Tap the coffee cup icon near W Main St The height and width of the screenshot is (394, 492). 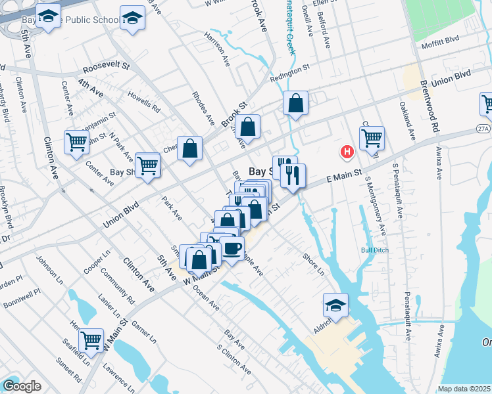pyautogui.click(x=232, y=248)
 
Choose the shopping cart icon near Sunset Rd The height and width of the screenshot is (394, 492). pyautogui.click(x=91, y=339)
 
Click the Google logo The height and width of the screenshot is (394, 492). pyautogui.click(x=22, y=386)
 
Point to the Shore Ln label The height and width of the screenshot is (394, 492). pyautogui.click(x=313, y=264)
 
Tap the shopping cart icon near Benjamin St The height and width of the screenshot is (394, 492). pyautogui.click(x=77, y=141)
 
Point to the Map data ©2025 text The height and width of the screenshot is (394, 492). pyautogui.click(x=464, y=389)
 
